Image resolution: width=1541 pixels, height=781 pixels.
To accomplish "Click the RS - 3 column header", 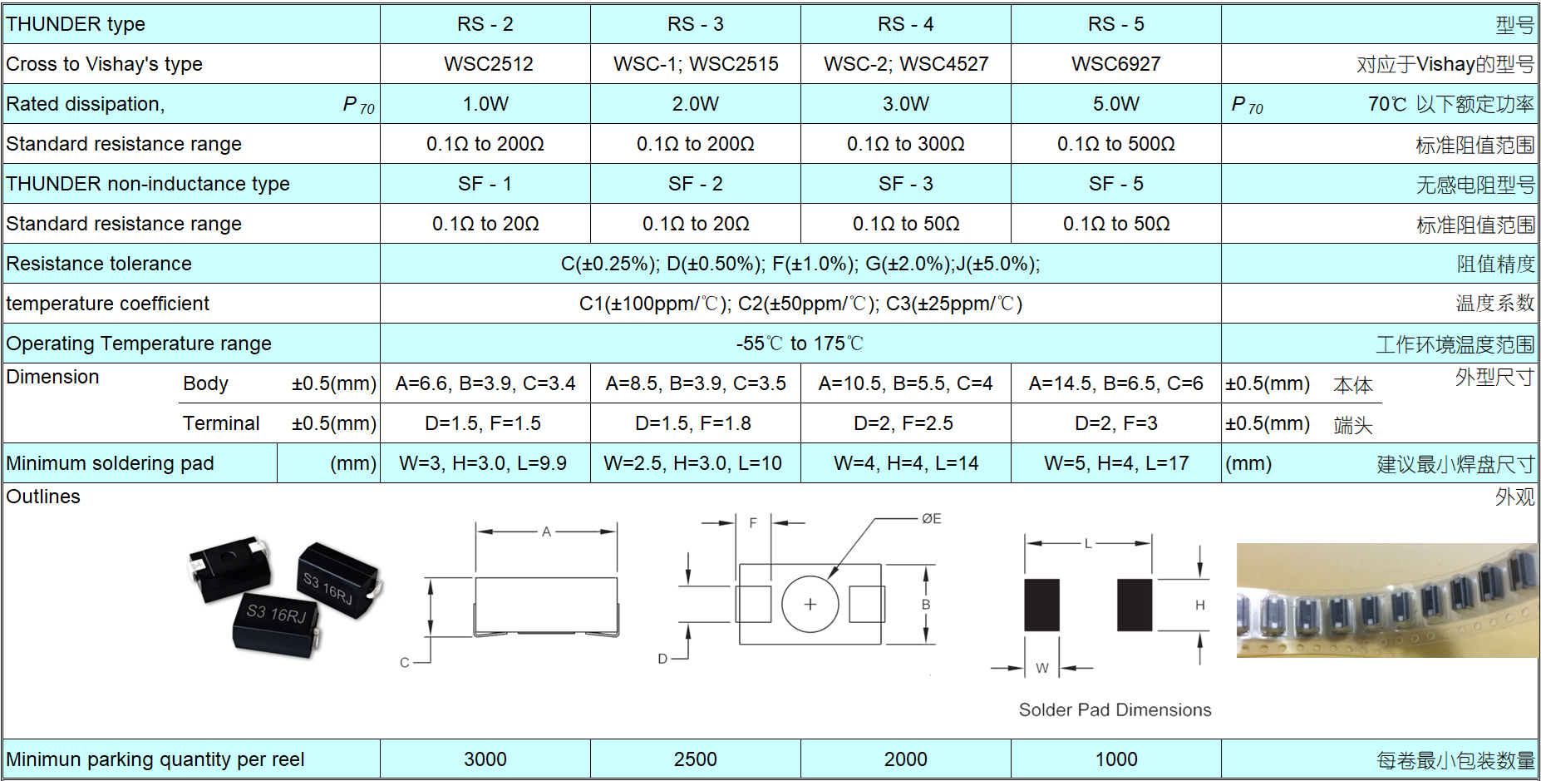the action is pyautogui.click(x=695, y=24).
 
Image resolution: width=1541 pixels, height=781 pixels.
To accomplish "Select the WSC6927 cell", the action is pyautogui.click(x=1115, y=64).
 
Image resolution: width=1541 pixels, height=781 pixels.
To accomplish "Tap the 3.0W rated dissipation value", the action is pyautogui.click(x=905, y=104).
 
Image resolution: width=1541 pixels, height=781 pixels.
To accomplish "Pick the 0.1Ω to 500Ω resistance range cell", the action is pyautogui.click(x=1115, y=144).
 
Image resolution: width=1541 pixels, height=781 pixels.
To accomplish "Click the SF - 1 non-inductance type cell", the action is pyautogui.click(x=485, y=184).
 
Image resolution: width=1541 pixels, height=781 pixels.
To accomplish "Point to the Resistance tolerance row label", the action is pyautogui.click(x=99, y=264).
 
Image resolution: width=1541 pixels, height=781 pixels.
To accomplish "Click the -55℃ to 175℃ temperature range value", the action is pyautogui.click(x=800, y=344).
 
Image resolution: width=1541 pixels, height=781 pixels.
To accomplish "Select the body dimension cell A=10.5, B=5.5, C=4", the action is pyautogui.click(x=905, y=383).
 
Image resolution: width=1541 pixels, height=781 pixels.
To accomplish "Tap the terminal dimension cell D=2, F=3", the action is pyautogui.click(x=1115, y=423).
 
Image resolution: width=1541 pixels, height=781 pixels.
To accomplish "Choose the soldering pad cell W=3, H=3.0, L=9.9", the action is pyautogui.click(x=483, y=463).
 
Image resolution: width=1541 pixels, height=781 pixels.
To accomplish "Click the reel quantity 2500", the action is pyautogui.click(x=695, y=759).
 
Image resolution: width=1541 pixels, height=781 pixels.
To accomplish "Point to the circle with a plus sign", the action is pyautogui.click(x=810, y=604).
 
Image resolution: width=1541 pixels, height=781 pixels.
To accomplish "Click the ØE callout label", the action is pyautogui.click(x=931, y=519).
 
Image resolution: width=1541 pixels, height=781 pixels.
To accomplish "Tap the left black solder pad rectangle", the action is pyautogui.click(x=1041, y=605).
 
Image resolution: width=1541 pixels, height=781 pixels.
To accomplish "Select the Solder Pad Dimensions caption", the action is pyautogui.click(x=1115, y=709).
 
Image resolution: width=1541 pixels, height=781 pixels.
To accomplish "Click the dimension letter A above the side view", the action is pyautogui.click(x=546, y=531).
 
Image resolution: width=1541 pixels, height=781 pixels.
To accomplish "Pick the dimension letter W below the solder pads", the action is pyautogui.click(x=1042, y=668).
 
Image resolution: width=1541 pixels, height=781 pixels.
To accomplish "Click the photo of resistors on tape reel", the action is pyautogui.click(x=1387, y=601).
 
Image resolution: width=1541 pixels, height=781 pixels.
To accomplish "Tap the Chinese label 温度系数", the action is pyautogui.click(x=1494, y=304).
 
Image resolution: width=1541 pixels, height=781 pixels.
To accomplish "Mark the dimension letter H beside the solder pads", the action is pyautogui.click(x=1199, y=606).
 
